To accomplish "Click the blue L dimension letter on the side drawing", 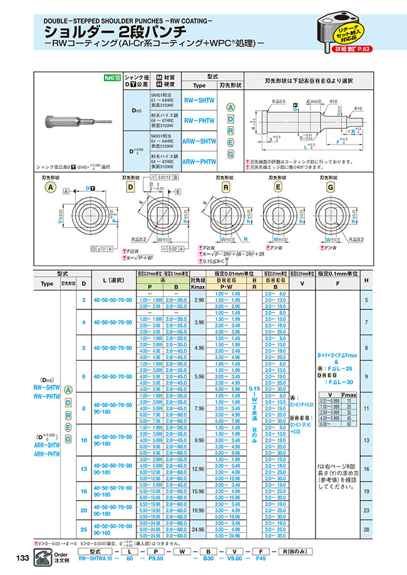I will point(305,147).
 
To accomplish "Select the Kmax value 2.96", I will point(200,300).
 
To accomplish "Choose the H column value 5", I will point(384,300).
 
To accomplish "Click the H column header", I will point(384,280).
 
